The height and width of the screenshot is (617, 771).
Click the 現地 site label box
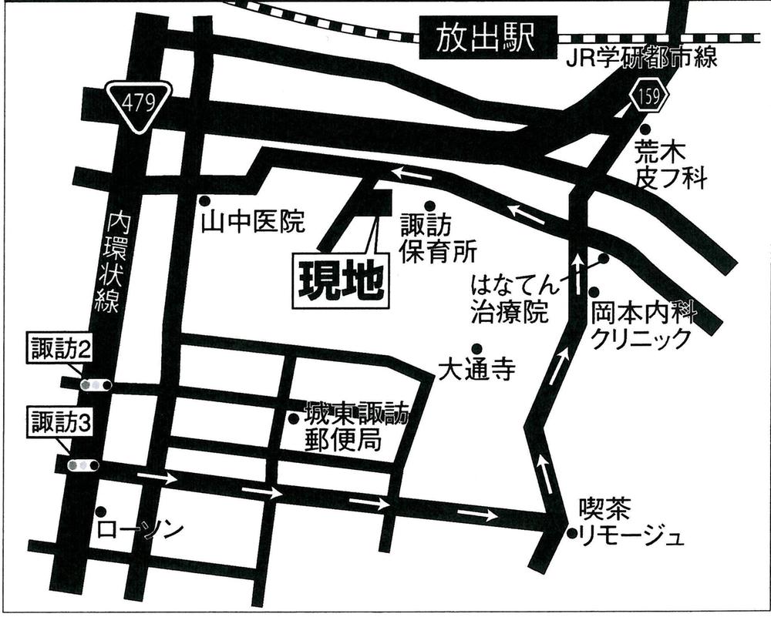[339, 281]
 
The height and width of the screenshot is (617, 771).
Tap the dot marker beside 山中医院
[205, 200]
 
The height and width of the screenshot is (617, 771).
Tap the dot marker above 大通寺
[477, 348]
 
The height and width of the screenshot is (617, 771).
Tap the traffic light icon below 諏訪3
[83, 464]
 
